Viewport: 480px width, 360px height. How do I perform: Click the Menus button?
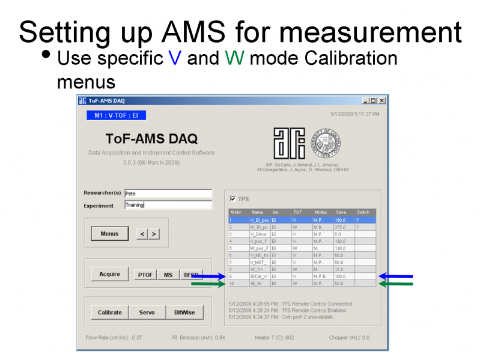pyautogui.click(x=109, y=234)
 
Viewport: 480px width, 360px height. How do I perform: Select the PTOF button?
pyautogui.click(x=145, y=275)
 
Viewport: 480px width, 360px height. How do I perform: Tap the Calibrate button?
pyautogui.click(x=109, y=313)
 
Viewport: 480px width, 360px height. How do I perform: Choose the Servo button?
pyautogui.click(x=147, y=313)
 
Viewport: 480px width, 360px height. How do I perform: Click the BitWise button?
pyautogui.click(x=184, y=313)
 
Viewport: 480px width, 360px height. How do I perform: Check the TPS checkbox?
pyautogui.click(x=233, y=199)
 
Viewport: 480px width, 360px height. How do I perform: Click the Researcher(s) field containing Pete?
pyautogui.click(x=168, y=194)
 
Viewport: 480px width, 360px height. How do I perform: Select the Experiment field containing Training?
pyautogui.click(x=168, y=205)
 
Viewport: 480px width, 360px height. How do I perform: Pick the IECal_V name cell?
pyautogui.click(x=260, y=276)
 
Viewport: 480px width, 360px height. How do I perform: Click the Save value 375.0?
pyautogui.click(x=344, y=227)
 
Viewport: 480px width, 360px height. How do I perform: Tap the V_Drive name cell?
pyautogui.click(x=260, y=234)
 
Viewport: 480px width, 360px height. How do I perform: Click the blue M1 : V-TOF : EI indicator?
pyautogui.click(x=116, y=115)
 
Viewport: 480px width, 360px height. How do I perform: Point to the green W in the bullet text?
pyautogui.click(x=233, y=58)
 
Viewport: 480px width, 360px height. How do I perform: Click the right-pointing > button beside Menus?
pyautogui.click(x=155, y=234)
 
